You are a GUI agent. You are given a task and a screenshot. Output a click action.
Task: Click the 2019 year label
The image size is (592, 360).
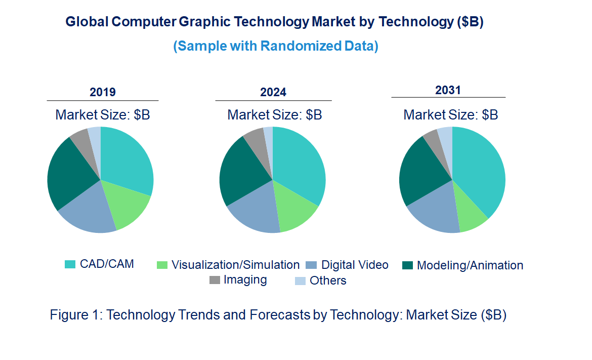(x=103, y=92)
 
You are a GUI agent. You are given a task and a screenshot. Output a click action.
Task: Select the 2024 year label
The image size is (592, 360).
(x=273, y=92)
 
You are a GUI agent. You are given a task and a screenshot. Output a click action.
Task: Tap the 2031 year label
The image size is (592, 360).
(x=448, y=90)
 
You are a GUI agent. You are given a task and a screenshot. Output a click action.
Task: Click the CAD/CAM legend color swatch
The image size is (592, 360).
(x=70, y=264)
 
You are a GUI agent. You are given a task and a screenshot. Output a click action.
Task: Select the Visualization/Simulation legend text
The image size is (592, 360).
(x=235, y=265)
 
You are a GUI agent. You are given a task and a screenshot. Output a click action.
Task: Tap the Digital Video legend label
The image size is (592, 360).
(x=355, y=265)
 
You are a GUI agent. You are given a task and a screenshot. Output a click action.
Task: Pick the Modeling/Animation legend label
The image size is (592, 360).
(x=470, y=265)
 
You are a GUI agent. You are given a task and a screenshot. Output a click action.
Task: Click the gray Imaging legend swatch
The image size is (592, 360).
(x=215, y=280)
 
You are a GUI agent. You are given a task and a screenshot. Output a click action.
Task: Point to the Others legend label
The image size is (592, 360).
(x=328, y=281)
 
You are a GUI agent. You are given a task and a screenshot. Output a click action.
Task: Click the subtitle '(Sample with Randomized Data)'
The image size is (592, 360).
(x=276, y=46)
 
